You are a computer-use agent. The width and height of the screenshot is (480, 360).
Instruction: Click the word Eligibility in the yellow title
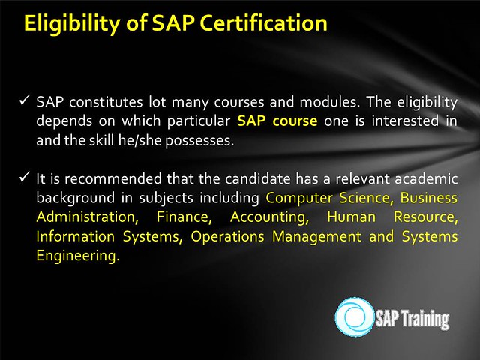click(72, 23)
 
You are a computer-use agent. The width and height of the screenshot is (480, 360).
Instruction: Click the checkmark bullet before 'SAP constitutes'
click(24, 100)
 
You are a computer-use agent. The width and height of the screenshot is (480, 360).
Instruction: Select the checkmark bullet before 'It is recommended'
click(24, 177)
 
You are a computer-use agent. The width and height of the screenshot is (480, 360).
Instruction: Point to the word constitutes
click(106, 102)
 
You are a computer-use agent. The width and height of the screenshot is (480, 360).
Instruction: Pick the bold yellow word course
click(295, 121)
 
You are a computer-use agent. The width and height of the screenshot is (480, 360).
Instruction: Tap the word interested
click(405, 121)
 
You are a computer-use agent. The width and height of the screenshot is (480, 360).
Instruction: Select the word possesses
click(199, 141)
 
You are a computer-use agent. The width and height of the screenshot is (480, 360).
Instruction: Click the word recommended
click(113, 178)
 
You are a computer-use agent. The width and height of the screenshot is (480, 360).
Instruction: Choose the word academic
click(426, 178)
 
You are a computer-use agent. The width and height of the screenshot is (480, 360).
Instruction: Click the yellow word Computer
click(298, 198)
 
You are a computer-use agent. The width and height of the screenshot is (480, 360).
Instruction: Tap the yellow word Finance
click(184, 217)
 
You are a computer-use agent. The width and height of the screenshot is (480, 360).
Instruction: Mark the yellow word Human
click(352, 217)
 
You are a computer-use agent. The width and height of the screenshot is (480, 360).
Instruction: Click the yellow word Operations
click(227, 237)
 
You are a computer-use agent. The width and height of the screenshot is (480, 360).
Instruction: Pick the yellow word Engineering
click(78, 256)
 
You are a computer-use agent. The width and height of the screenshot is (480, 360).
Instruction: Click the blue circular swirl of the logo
click(355, 316)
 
